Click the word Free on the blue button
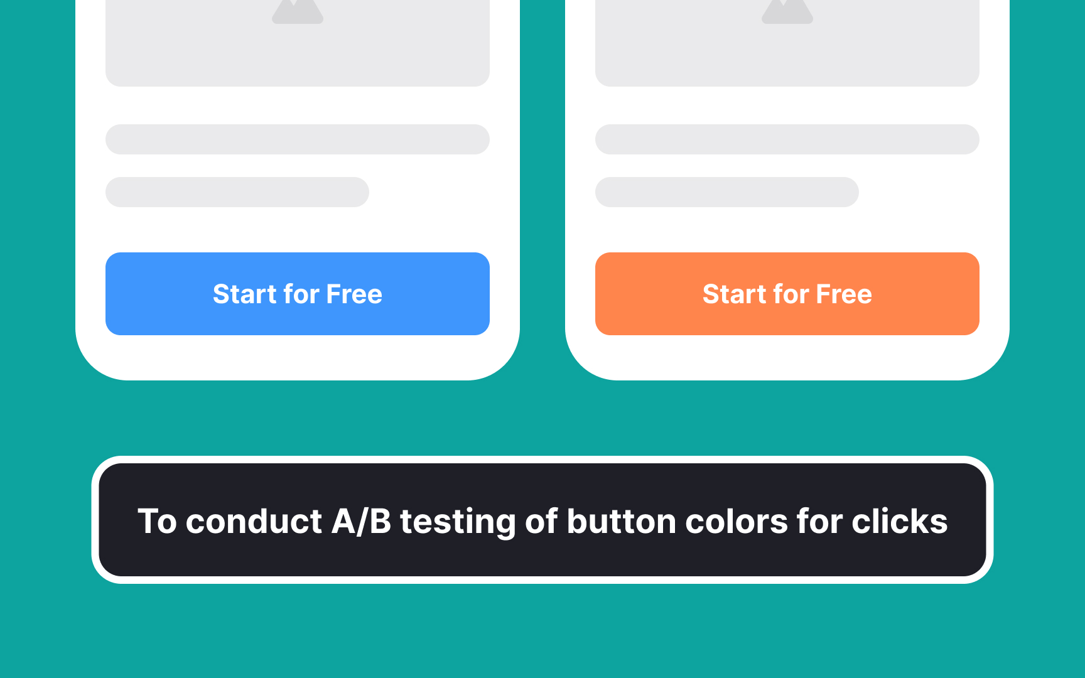click(354, 294)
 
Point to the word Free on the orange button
click(844, 294)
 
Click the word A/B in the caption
click(361, 522)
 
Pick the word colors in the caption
click(736, 522)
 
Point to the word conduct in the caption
click(254, 522)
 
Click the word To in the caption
click(157, 522)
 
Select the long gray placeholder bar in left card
click(297, 139)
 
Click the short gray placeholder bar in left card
click(237, 192)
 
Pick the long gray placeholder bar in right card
click(787, 139)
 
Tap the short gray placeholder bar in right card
click(726, 192)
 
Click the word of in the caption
click(541, 522)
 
